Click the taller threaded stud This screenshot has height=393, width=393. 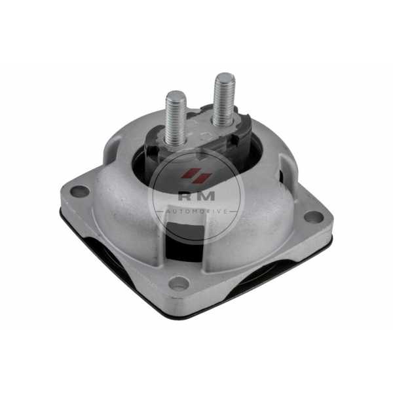224,100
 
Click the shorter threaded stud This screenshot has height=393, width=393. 176,119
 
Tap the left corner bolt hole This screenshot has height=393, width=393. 80,191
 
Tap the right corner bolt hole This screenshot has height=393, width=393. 314,217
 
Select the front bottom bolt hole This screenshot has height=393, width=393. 179,283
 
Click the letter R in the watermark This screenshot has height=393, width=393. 185,196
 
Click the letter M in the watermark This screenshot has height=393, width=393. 206,196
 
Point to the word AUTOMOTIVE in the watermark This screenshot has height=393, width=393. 196,212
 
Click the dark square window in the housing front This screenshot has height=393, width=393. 185,238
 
